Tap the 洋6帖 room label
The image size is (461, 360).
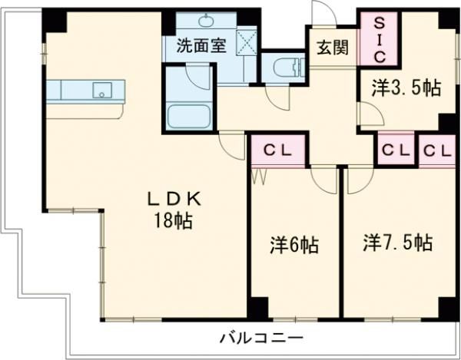pos(294,246)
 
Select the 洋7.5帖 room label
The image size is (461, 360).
pos(397,243)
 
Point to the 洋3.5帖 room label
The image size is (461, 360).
pos(406,88)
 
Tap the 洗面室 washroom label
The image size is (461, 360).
pos(201,45)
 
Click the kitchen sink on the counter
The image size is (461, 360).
pos(101,91)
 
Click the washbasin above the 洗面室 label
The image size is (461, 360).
pos(208,21)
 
